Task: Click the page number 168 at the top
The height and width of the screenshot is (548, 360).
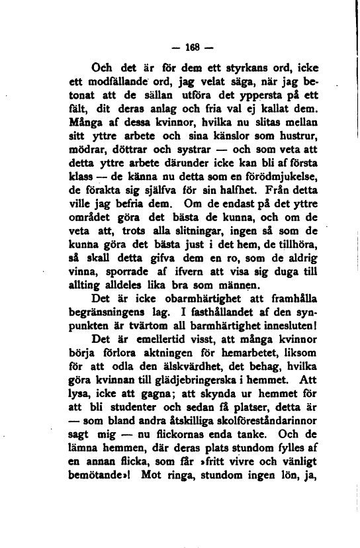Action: point(181,50)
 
